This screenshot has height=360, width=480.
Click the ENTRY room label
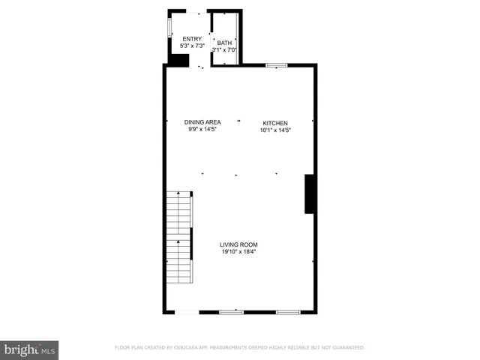[x=192, y=39]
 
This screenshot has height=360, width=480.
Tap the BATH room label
[x=224, y=43]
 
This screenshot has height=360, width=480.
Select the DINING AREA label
[x=202, y=122]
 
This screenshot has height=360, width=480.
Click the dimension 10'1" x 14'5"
[x=275, y=130]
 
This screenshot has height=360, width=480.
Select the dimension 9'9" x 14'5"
[x=202, y=129]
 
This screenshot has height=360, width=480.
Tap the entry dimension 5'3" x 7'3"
[x=192, y=46]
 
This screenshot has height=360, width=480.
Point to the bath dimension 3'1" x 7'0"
[x=225, y=50]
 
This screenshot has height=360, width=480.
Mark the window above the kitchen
[x=277, y=66]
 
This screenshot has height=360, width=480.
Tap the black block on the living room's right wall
[x=308, y=194]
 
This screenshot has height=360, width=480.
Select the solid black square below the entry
[x=178, y=60]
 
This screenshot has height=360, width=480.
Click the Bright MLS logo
[x=29, y=349]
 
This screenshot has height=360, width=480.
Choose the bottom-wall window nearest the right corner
[x=287, y=311]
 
